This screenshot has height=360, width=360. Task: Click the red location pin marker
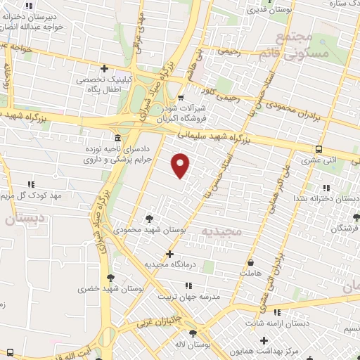tap(181, 165)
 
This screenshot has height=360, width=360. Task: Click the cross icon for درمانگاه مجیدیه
tap(169, 254)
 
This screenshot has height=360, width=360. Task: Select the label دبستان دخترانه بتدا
tap(326, 199)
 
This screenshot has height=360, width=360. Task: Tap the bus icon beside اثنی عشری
tap(319, 149)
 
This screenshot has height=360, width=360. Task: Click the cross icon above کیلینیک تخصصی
tap(104, 68)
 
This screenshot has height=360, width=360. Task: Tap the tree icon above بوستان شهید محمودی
tap(148, 218)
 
